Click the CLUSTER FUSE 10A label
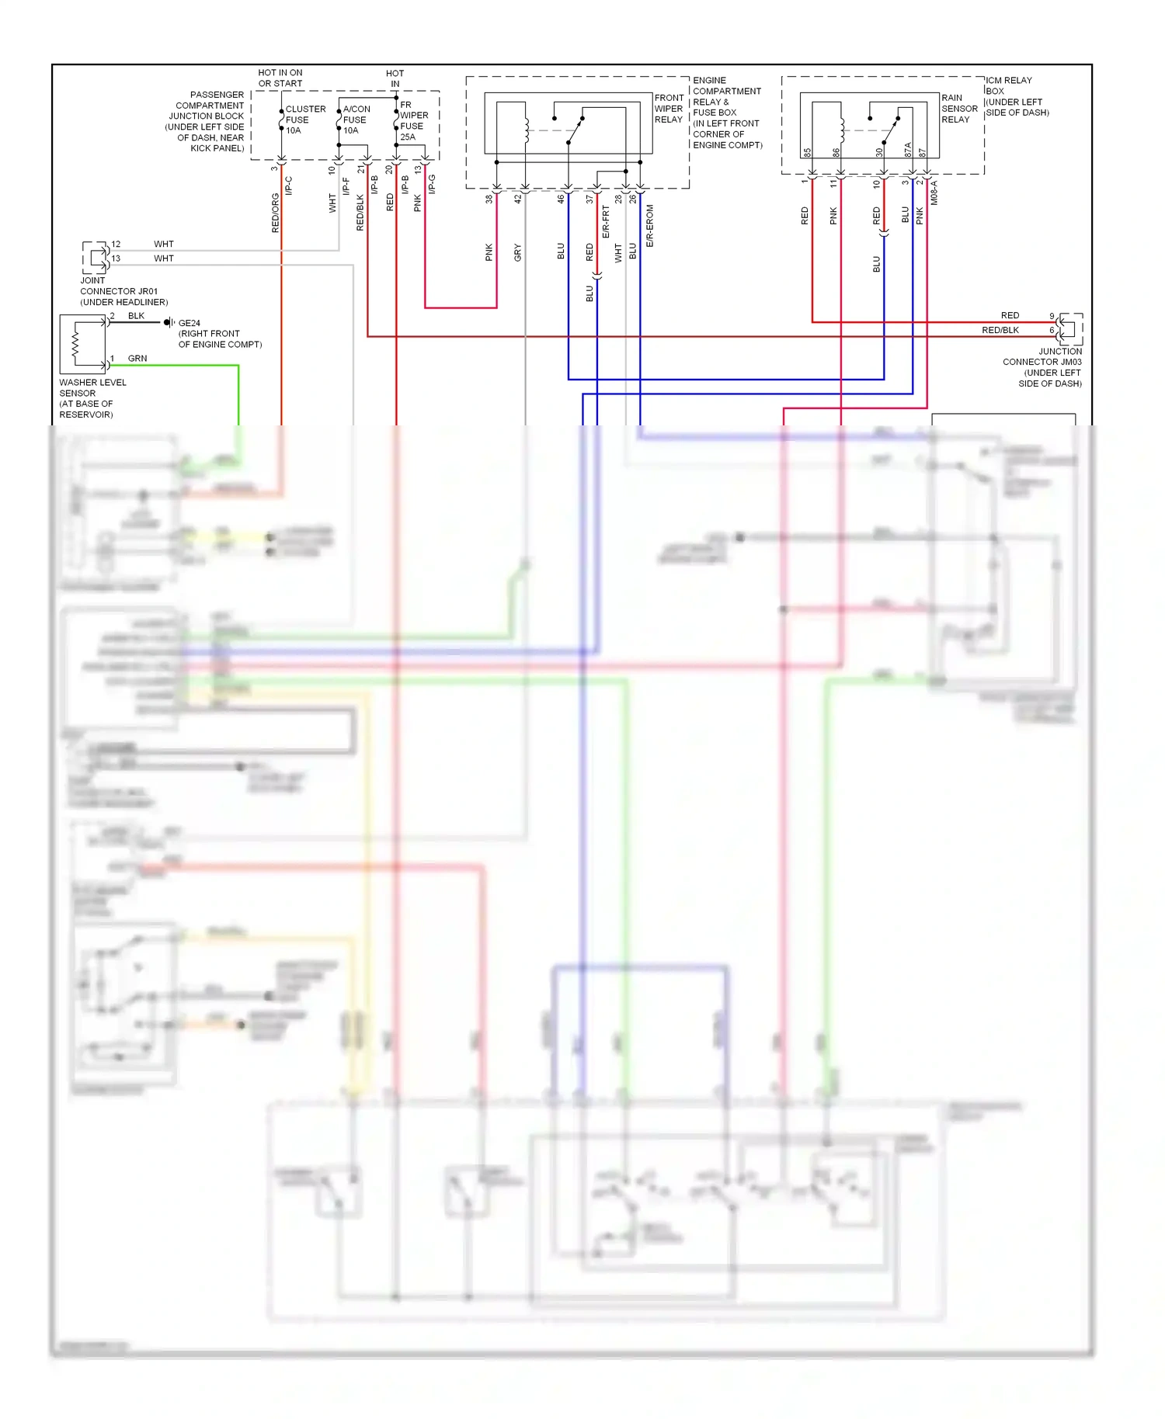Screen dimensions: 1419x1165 click(x=304, y=120)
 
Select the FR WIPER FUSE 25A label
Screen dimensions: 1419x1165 click(x=413, y=120)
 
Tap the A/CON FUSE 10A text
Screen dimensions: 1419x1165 click(x=356, y=120)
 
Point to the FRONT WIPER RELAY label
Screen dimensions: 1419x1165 click(x=669, y=109)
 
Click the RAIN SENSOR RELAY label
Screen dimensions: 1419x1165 click(x=959, y=109)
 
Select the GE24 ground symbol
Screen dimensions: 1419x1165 click(x=168, y=322)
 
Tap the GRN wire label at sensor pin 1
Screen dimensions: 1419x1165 click(x=137, y=359)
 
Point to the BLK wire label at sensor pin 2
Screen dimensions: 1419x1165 click(x=136, y=316)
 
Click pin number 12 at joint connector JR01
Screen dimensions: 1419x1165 click(x=116, y=244)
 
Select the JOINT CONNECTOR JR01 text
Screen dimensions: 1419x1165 click(x=118, y=291)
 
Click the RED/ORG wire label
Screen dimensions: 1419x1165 click(x=275, y=213)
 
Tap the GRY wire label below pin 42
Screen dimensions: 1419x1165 click(x=517, y=252)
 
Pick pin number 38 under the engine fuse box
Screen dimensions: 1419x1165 click(x=489, y=199)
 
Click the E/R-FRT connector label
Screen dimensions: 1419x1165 click(x=606, y=221)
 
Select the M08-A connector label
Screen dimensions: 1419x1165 click(x=934, y=193)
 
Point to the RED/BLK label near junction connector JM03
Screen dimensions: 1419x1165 click(x=1000, y=330)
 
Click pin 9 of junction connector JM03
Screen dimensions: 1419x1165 click(x=1052, y=316)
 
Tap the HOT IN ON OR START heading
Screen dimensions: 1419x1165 click(x=280, y=78)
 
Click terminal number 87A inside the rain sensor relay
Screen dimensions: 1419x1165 click(x=908, y=150)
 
